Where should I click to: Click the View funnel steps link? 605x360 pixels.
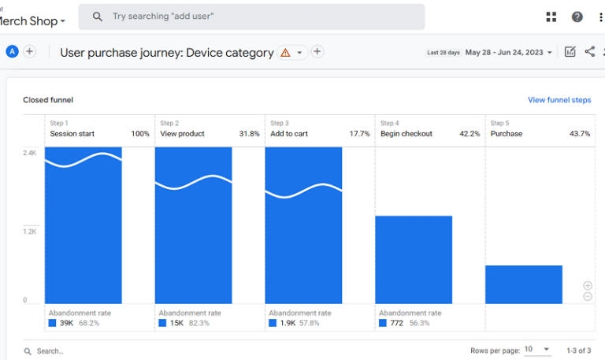559,100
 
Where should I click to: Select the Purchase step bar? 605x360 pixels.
524,284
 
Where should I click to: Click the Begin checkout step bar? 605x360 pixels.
414,259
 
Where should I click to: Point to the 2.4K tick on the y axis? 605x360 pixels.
29,153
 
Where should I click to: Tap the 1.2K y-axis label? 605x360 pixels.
29,232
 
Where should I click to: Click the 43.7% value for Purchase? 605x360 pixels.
580,134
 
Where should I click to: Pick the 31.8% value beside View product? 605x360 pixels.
249,134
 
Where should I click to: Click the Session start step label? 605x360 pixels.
72,134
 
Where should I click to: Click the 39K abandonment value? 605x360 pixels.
66,323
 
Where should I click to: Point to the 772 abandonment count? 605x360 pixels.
396,323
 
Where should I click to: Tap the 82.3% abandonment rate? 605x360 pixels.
200,323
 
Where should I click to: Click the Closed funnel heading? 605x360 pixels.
48,100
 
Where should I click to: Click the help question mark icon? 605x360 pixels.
577,17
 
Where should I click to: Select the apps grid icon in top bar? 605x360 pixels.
551,17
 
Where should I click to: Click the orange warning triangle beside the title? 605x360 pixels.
285,53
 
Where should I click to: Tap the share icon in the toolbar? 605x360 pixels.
590,52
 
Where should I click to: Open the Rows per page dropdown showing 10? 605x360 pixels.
539,349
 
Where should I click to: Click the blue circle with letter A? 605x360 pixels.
12,52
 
